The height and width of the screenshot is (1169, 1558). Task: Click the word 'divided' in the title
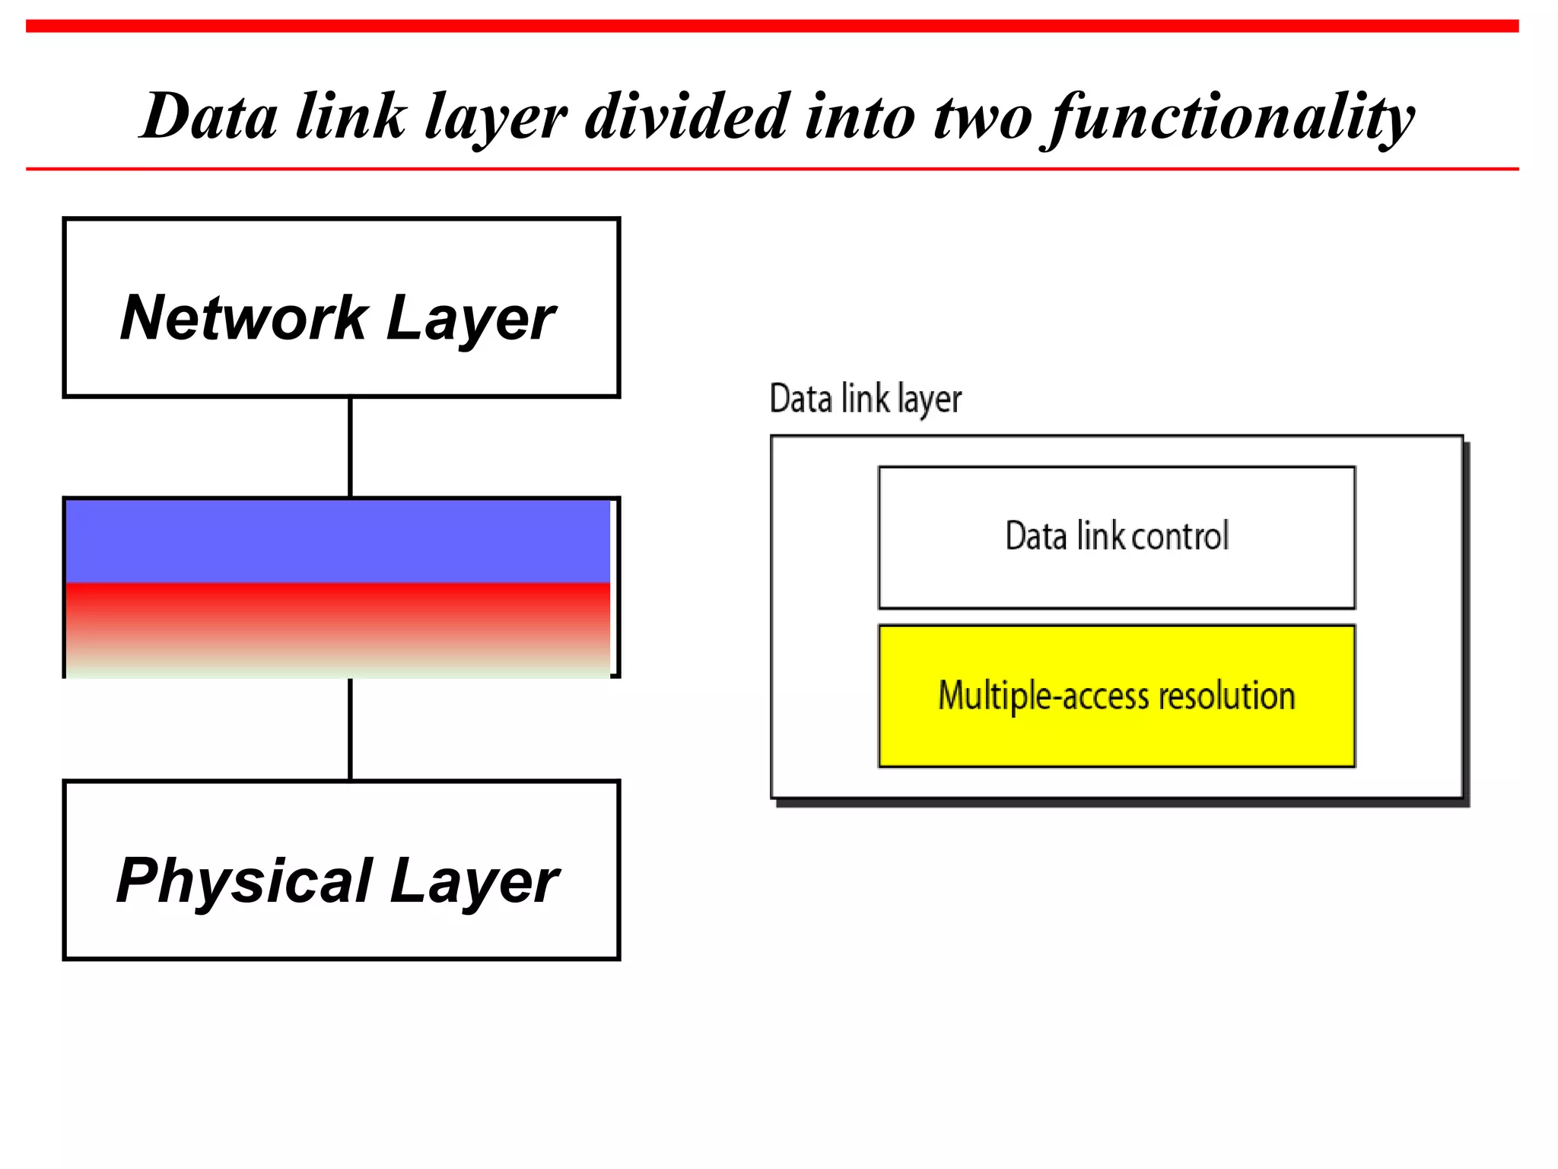click(686, 116)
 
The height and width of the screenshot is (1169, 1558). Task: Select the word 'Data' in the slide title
click(209, 116)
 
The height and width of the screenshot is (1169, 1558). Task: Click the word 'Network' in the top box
click(244, 317)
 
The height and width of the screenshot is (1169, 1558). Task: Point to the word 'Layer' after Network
click(471, 319)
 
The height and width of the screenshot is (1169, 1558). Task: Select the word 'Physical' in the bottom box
click(244, 881)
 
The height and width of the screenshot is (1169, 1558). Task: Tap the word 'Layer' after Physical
click(474, 882)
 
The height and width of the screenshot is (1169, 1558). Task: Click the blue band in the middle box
click(338, 541)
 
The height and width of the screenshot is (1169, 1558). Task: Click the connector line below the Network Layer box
click(350, 447)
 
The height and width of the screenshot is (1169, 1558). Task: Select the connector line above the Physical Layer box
click(350, 729)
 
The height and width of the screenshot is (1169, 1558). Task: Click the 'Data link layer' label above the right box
click(865, 399)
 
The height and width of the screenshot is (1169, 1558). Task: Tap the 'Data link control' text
click(1116, 536)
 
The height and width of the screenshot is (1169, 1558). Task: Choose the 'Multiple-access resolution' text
click(1116, 696)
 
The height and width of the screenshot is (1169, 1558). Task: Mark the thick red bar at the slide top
click(772, 26)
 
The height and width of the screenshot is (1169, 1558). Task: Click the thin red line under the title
click(772, 169)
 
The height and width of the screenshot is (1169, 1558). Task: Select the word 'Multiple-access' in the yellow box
click(1043, 696)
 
